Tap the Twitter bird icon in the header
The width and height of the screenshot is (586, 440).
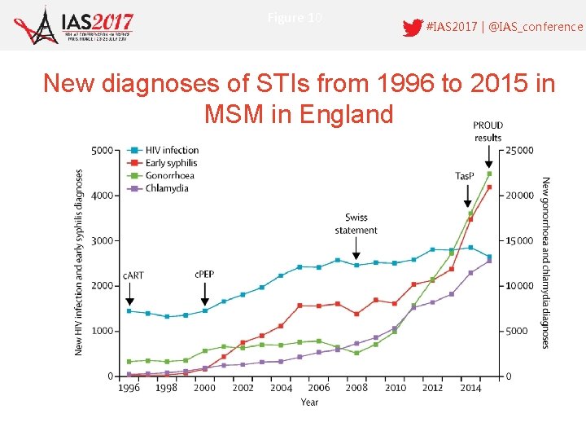click(412, 27)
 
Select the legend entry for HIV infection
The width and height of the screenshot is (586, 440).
click(172, 150)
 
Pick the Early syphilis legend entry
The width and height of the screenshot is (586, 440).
click(171, 163)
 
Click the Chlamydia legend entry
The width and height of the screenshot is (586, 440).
click(166, 188)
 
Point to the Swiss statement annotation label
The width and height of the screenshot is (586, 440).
click(356, 224)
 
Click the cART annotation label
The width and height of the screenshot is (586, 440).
click(133, 275)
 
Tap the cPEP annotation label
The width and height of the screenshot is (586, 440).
click(204, 275)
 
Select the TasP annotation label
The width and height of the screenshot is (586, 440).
click(466, 177)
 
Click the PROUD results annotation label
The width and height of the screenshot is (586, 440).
click(488, 131)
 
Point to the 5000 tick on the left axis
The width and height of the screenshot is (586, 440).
click(102, 150)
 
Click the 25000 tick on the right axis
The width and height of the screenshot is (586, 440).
click(521, 150)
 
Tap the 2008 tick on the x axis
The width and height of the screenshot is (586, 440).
click(356, 388)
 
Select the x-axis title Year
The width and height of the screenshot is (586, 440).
click(309, 402)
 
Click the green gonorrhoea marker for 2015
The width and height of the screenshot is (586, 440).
click(489, 174)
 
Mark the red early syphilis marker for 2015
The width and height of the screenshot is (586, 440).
click(489, 187)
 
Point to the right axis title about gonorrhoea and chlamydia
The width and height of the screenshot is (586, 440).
click(545, 262)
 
